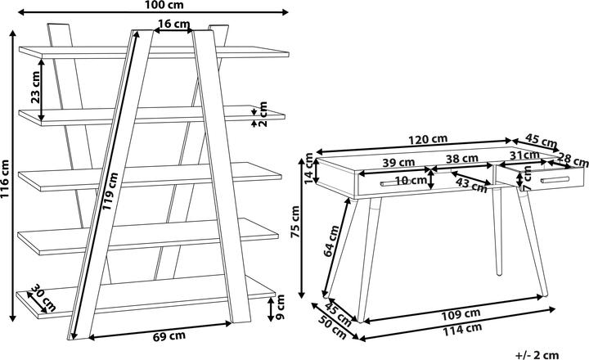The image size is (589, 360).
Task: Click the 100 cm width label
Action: click(x=151, y=7)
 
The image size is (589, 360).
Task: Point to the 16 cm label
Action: click(x=169, y=23)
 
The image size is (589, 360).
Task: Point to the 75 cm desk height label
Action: click(x=297, y=223)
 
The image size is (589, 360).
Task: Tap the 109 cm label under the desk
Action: click(x=460, y=313)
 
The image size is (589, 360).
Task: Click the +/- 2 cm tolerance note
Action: click(x=537, y=353)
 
